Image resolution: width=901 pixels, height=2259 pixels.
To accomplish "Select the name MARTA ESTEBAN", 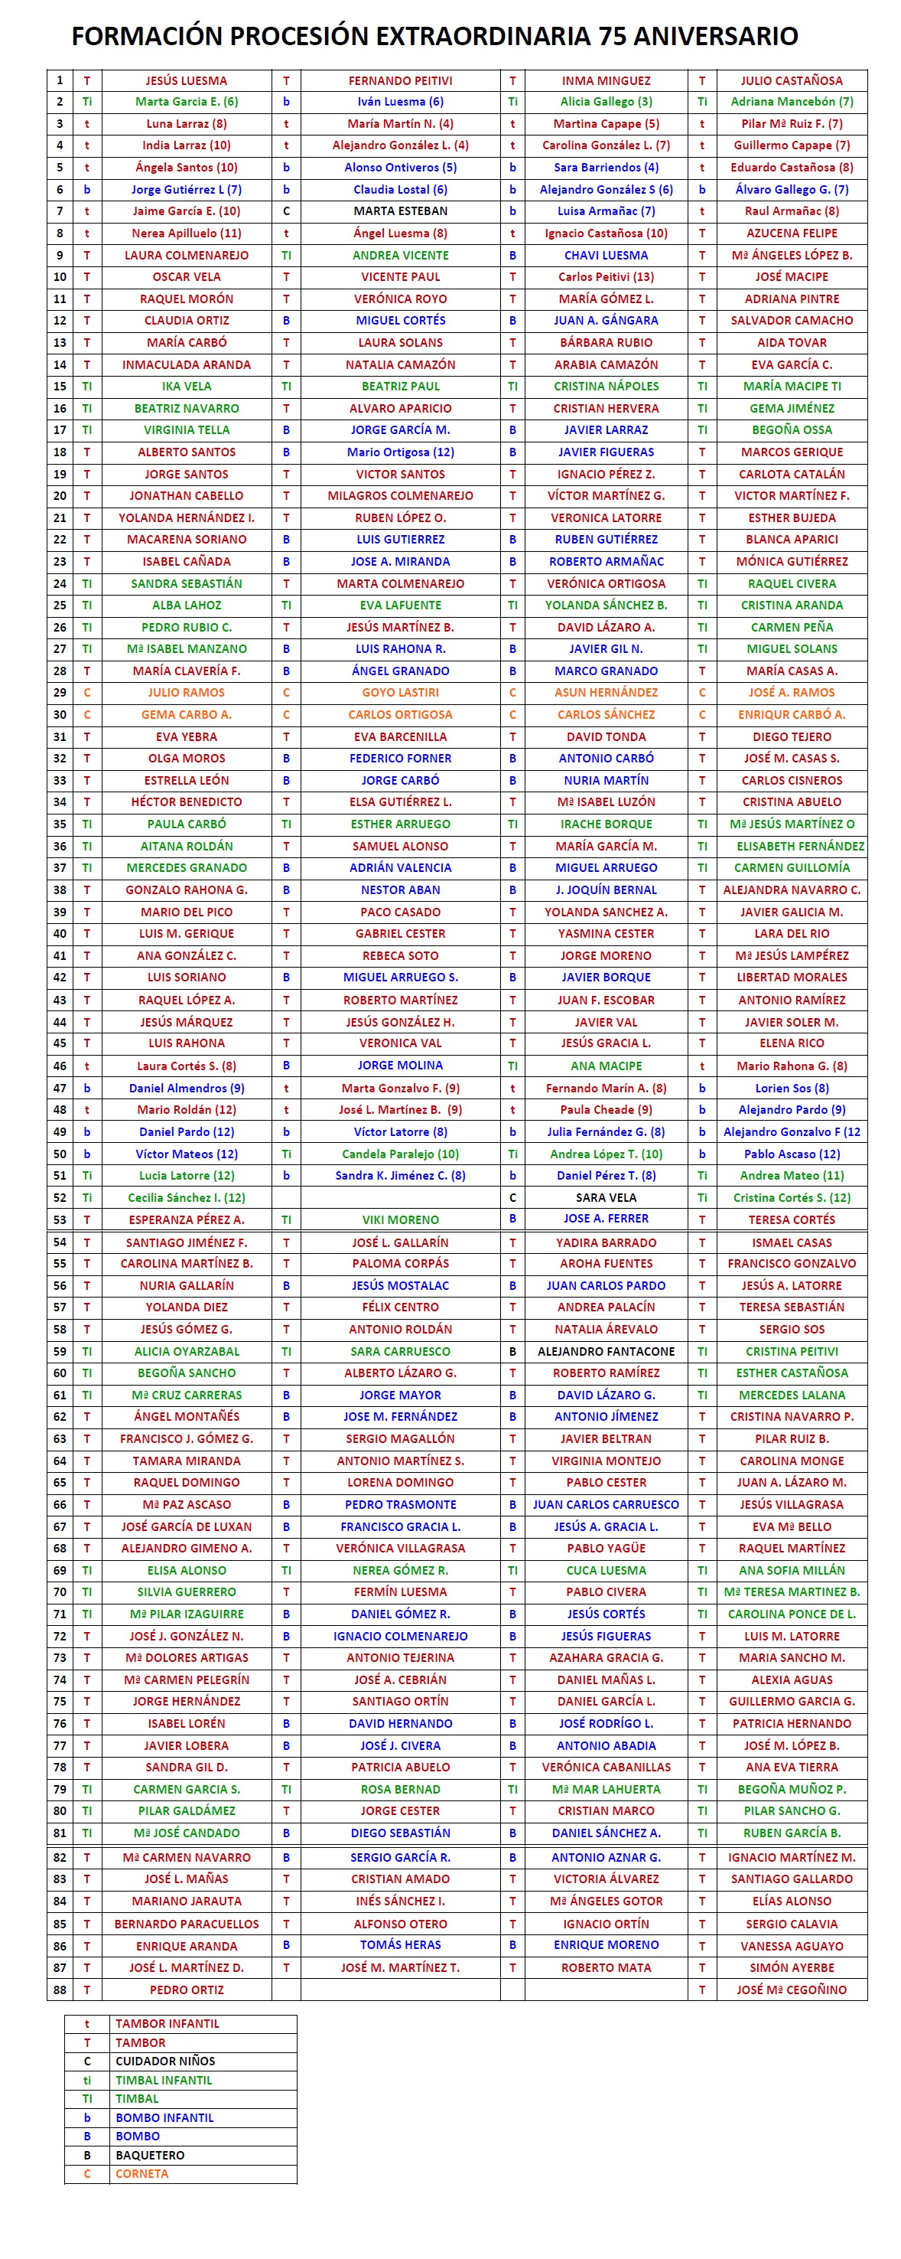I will pos(401,211).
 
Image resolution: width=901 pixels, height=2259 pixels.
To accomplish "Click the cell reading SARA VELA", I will pos(606,1197).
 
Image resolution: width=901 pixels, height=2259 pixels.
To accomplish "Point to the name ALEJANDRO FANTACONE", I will pos(606,1351).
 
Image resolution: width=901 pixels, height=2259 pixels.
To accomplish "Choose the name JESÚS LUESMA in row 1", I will pos(186,80).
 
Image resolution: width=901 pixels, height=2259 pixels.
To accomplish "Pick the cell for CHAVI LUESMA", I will pos(606,255).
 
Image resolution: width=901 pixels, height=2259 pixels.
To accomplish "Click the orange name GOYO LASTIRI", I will pos(401,693).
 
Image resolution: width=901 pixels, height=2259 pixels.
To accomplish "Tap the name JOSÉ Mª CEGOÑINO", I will pos(792,1990).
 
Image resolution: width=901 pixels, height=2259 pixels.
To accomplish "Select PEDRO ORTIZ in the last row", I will pos(186,1990).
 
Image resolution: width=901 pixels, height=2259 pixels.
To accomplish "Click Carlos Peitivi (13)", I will pos(606,277).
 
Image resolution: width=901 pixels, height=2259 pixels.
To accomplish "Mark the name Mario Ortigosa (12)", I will pos(401,452).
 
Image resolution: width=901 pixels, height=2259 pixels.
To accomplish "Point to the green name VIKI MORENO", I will pos(401,1219).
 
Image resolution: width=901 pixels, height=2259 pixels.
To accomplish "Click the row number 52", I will pos(60,1197).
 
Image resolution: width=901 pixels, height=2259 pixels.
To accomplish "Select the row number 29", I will pos(60,693).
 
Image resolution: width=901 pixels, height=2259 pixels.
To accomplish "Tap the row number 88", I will pos(60,1990).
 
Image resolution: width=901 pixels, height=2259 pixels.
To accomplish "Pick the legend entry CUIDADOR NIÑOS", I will pos(164,2061).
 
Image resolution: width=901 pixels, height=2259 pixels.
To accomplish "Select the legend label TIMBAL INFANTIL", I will pos(164,2080).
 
